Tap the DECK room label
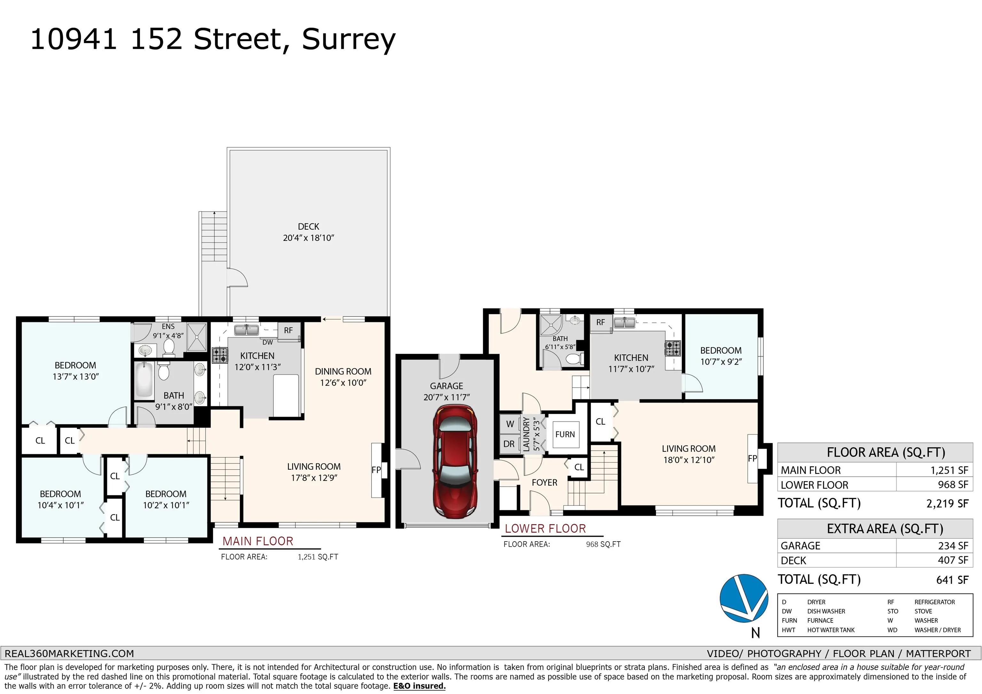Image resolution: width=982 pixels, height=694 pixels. tap(308, 227)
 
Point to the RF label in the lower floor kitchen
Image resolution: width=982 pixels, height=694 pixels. tap(601, 322)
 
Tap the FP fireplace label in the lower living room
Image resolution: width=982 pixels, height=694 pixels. tap(752, 459)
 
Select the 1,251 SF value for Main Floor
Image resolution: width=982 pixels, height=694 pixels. tap(949, 470)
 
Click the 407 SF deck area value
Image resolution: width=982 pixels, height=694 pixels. tap(953, 560)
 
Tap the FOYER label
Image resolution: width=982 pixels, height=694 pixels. tap(544, 483)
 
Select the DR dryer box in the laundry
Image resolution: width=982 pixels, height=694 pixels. tap(509, 444)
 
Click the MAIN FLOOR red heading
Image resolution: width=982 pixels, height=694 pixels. tap(258, 541)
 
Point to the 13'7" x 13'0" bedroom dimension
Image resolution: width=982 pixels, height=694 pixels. tap(76, 377)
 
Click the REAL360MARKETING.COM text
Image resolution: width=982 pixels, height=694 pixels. tap(69, 654)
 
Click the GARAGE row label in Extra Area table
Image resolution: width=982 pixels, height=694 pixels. tap(800, 546)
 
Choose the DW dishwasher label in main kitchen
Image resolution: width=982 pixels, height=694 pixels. tap(267, 343)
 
